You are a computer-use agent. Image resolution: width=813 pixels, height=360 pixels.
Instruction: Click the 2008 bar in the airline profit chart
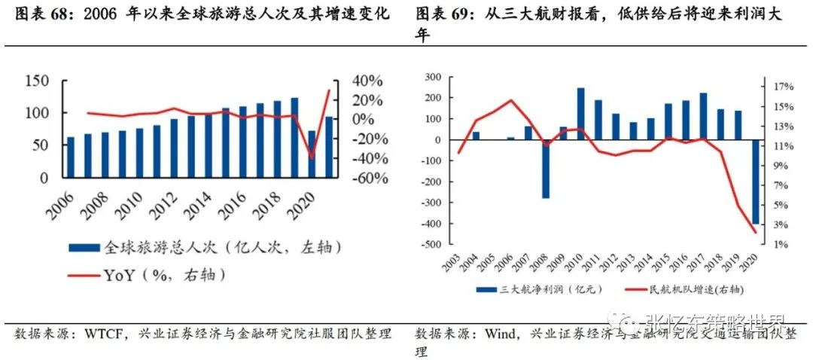click(x=546, y=169)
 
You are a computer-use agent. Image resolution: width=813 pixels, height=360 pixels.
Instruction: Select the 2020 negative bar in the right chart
click(x=755, y=182)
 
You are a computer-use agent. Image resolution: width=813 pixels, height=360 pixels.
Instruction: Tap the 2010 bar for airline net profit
click(x=580, y=114)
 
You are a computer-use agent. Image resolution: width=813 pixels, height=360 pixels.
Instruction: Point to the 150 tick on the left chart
click(x=37, y=81)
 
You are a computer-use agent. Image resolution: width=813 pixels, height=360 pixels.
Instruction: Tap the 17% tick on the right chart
click(x=783, y=87)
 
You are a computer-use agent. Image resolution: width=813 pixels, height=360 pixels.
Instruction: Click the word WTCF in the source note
click(x=101, y=334)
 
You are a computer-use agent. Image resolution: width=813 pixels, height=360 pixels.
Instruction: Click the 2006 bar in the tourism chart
click(x=71, y=157)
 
